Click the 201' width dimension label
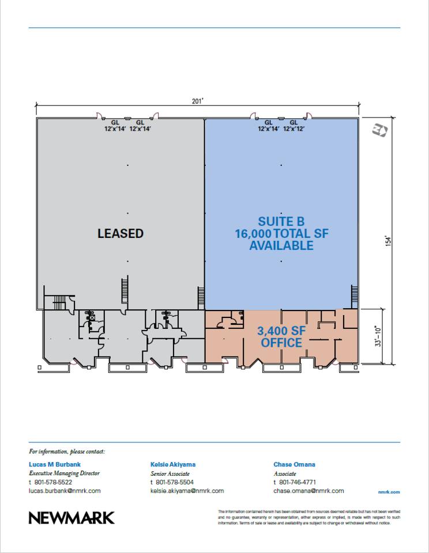click(x=198, y=101)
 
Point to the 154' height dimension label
click(x=389, y=241)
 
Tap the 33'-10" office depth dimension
click(x=378, y=336)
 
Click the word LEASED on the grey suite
click(x=121, y=233)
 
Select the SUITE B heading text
click(x=281, y=221)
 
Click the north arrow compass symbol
click(x=380, y=130)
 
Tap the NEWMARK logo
click(x=71, y=518)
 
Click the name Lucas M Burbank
click(x=55, y=464)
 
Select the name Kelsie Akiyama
click(x=173, y=464)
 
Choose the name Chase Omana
click(x=295, y=464)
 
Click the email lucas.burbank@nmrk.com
click(x=65, y=491)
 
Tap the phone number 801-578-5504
click(x=175, y=482)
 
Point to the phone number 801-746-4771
click(x=298, y=482)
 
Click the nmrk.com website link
click(x=389, y=492)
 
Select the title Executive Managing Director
click(x=64, y=474)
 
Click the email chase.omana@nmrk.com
click(x=308, y=491)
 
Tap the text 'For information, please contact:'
click(x=67, y=452)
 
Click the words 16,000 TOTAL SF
click(x=282, y=233)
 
